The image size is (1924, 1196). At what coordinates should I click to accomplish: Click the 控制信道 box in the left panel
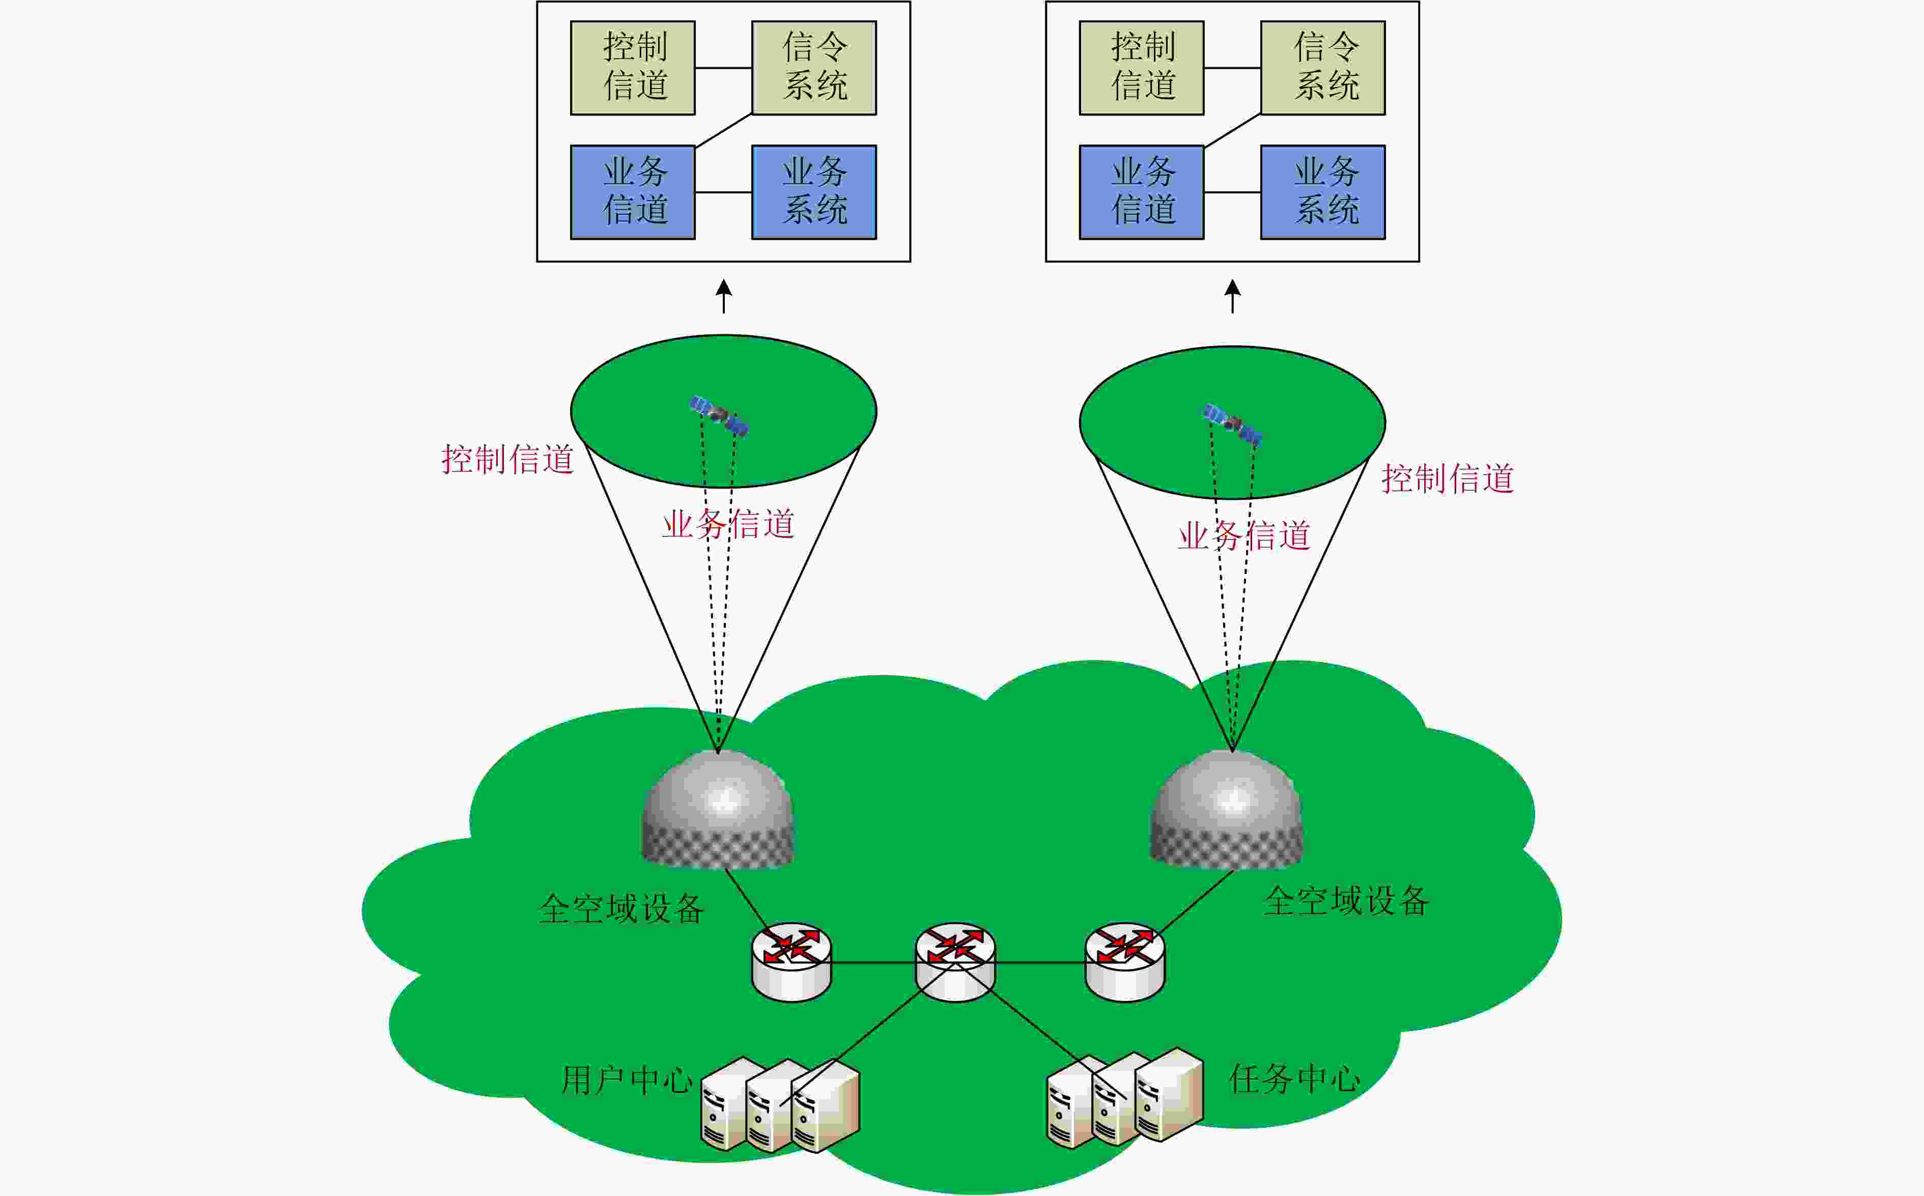click(x=633, y=68)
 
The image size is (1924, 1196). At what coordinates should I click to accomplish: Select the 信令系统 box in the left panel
click(x=814, y=68)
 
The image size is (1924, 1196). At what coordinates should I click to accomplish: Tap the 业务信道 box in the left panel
click(x=633, y=192)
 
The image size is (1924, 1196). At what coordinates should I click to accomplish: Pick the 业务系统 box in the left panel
click(x=814, y=192)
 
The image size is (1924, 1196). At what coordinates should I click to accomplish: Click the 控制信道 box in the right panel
click(x=1142, y=68)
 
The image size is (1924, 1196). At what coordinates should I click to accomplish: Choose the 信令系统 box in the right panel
click(x=1323, y=68)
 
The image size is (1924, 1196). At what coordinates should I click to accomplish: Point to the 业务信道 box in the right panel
click(x=1142, y=192)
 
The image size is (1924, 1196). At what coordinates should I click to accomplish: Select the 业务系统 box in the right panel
click(x=1323, y=192)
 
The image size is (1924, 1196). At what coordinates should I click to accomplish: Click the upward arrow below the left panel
click(x=723, y=297)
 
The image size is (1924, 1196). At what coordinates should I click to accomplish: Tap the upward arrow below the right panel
click(x=1233, y=297)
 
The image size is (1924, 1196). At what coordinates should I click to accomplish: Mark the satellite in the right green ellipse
click(x=1232, y=425)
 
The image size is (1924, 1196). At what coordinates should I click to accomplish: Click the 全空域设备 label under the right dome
click(x=1346, y=901)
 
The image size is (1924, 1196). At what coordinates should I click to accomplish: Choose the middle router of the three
click(x=955, y=962)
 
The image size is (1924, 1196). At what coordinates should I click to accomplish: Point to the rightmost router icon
click(x=1124, y=962)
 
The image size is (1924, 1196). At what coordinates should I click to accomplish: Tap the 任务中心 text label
click(x=1295, y=1078)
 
